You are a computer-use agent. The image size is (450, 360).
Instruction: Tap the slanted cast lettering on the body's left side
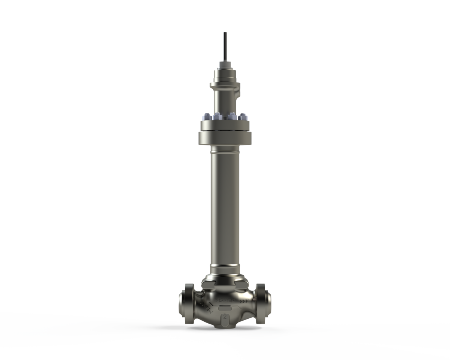[205, 307]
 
